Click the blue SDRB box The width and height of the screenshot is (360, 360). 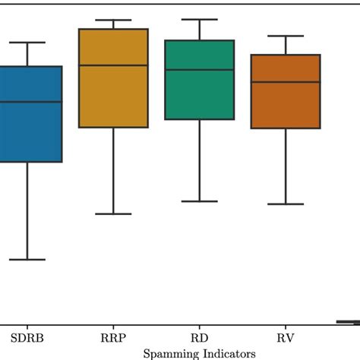coord(29,129)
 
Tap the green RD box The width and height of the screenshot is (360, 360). coord(199,95)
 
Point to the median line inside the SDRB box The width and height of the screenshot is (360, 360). coord(29,101)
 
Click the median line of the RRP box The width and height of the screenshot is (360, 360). coord(113,65)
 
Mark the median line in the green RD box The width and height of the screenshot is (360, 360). coord(199,70)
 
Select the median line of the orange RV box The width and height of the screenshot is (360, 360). coord(285,81)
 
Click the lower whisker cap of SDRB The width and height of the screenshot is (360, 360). coord(27,260)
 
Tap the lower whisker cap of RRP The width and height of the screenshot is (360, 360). coord(113,214)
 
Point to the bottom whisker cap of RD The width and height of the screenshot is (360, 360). coord(199,201)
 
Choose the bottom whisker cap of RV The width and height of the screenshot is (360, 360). coord(285,204)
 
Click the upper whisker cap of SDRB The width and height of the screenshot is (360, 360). coord(27,43)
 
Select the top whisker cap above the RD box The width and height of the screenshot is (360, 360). coord(199,20)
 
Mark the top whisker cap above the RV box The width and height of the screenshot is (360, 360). coord(285,36)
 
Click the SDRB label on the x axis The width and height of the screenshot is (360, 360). coord(27,336)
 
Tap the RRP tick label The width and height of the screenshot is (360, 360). coord(113,336)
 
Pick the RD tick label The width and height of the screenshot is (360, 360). coord(199,336)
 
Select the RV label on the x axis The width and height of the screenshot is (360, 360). coord(285,336)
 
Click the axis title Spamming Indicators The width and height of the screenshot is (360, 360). coord(199,353)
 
